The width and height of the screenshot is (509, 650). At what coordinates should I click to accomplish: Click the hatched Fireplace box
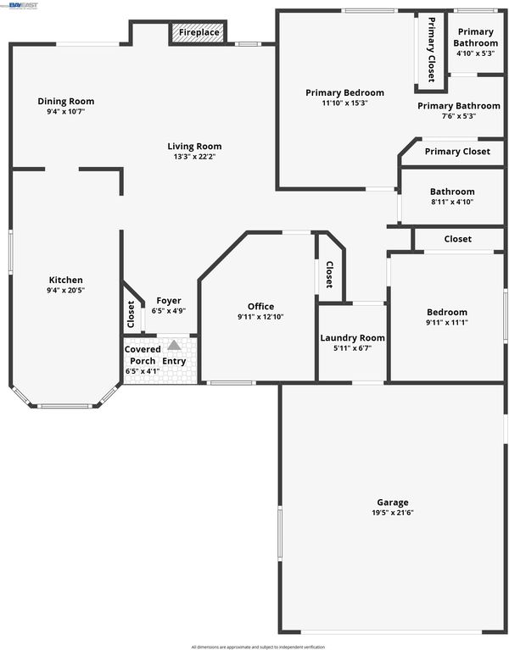click(199, 32)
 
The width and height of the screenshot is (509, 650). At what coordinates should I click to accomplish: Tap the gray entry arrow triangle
click(174, 344)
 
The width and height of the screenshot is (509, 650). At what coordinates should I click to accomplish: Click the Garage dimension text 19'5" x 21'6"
click(393, 513)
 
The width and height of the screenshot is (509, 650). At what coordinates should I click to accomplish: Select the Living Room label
click(194, 147)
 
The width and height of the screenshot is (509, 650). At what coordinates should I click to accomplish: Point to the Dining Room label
click(66, 101)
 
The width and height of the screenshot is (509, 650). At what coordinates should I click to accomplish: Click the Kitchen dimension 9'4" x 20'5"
click(66, 290)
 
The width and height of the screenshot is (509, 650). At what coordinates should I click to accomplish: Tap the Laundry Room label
click(353, 338)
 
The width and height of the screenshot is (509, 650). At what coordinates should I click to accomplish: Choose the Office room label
click(261, 306)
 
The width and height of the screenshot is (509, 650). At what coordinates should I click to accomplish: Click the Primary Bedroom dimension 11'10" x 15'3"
click(344, 103)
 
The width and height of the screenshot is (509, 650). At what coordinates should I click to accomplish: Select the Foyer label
click(169, 301)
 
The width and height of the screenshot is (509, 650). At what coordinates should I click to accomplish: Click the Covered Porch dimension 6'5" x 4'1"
click(143, 371)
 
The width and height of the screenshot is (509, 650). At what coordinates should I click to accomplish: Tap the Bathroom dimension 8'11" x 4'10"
click(452, 202)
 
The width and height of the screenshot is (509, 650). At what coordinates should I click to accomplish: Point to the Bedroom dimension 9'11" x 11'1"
click(447, 323)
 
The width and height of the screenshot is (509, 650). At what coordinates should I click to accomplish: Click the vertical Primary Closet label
click(432, 49)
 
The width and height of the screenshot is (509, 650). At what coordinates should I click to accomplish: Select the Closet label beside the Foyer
click(131, 314)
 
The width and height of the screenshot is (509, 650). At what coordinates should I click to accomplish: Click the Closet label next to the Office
click(329, 275)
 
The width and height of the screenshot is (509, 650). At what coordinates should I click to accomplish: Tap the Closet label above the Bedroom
click(458, 239)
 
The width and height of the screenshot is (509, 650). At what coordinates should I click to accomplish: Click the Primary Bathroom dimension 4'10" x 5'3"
click(475, 53)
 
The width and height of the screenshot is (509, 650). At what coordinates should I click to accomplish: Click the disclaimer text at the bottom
click(258, 647)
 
